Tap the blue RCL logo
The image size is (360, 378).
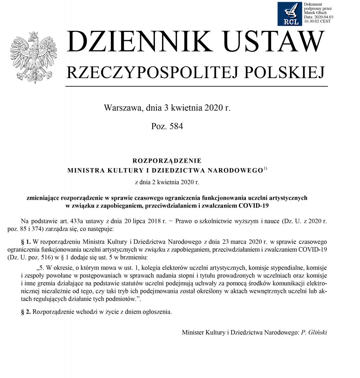(290, 14)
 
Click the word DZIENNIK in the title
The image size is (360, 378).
(136, 42)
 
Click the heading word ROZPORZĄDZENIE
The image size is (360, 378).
(167, 161)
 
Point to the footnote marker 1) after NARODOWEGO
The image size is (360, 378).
(265, 169)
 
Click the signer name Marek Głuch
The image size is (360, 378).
(315, 13)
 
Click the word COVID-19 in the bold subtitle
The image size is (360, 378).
(254, 205)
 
